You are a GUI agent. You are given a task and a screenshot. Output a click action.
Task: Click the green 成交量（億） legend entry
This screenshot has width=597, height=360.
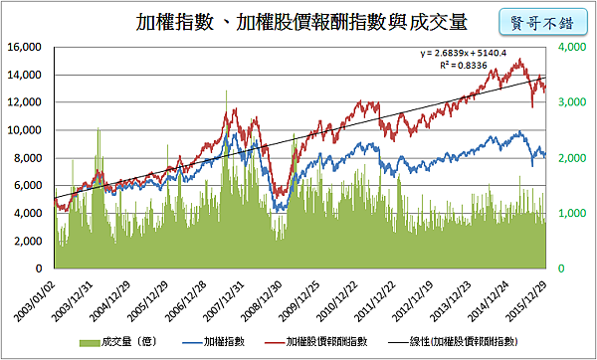click(112, 341)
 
